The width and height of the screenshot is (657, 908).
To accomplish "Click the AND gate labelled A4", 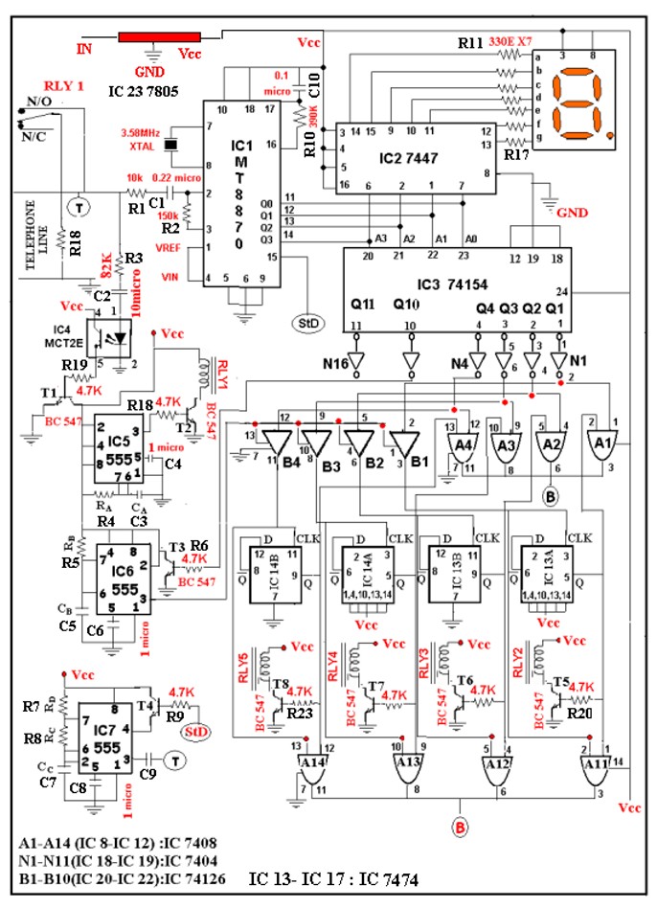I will click(x=464, y=442).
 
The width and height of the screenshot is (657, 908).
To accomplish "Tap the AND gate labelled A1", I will click(x=600, y=442).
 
